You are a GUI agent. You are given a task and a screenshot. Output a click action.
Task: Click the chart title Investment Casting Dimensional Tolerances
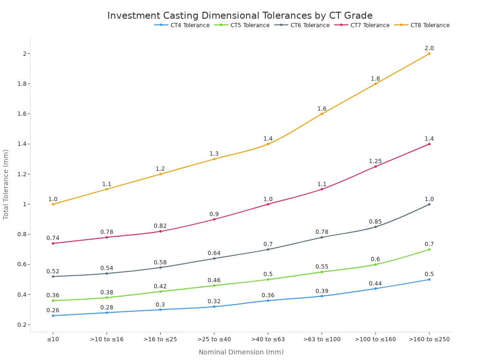point(240,15)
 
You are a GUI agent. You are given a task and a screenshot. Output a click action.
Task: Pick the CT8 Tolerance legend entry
point(429,25)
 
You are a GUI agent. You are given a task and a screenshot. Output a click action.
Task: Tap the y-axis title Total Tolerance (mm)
point(6,184)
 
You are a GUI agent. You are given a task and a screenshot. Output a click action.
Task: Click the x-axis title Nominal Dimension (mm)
point(241,352)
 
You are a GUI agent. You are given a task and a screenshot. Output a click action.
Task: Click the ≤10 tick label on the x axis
point(53,339)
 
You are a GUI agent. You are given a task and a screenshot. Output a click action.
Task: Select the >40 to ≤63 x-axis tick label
point(268,339)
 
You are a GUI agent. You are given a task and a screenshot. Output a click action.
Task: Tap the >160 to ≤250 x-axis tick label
point(429,339)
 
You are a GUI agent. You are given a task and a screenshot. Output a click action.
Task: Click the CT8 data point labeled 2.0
point(429,53)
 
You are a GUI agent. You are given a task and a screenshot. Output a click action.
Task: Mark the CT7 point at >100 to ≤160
point(375,166)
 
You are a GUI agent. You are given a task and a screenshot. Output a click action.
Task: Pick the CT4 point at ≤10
point(53,315)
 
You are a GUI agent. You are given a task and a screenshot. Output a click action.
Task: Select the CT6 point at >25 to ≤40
point(214,258)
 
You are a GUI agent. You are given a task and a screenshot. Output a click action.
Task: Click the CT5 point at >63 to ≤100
point(322,272)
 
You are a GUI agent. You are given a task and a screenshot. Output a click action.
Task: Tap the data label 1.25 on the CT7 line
point(375,161)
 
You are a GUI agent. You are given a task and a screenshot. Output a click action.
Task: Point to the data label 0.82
point(160,226)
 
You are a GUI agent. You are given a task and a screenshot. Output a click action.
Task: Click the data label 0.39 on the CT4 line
point(322,291)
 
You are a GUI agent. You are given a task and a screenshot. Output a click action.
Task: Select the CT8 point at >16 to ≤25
point(160,174)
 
